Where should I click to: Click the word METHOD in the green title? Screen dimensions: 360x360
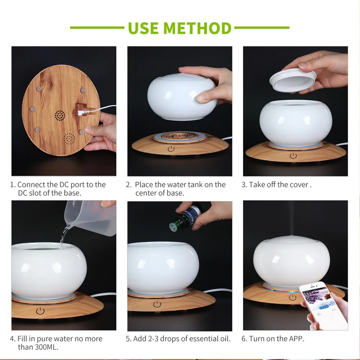pos(197,28)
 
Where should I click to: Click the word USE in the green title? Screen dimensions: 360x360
pos(143,28)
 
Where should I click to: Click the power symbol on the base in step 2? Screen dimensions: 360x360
pos(171,149)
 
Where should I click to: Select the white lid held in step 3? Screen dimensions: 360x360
pos(293,80)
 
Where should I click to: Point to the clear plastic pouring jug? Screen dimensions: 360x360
pos(91,218)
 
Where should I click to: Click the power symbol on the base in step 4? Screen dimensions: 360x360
pos(40,311)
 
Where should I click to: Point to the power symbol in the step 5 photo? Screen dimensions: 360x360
pos(157,304)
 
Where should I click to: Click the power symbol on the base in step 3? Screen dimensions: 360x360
pos(293,156)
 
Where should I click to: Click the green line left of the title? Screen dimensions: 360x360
pos(97,28)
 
